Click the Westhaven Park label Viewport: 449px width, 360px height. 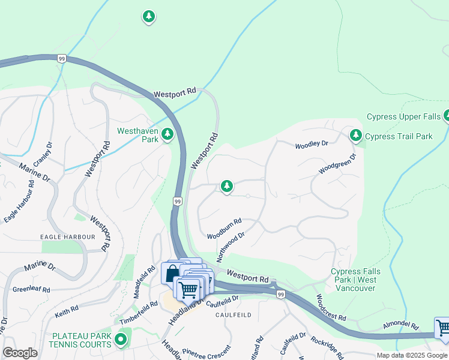(137, 134)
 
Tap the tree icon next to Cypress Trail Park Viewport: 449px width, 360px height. (357, 136)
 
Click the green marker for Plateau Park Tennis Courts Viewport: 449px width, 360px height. (121, 340)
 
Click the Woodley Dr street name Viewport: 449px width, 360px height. (312, 145)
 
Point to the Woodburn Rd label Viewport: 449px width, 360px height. (224, 229)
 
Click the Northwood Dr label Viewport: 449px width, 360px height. (231, 247)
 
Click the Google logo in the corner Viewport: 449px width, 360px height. (20, 353)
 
